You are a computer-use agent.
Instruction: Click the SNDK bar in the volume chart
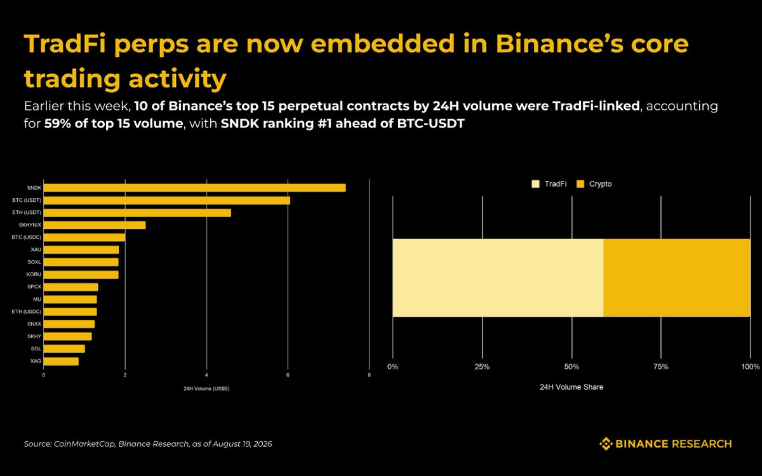click(x=194, y=188)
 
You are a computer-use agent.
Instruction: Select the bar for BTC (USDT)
click(x=166, y=201)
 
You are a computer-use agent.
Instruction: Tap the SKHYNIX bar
click(x=95, y=225)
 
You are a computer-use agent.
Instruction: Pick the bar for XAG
click(x=61, y=361)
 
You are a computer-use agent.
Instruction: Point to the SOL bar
click(x=64, y=349)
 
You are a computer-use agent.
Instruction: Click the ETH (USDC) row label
click(x=27, y=312)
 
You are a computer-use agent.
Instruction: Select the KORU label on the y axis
click(x=34, y=274)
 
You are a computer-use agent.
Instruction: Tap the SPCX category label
click(x=34, y=287)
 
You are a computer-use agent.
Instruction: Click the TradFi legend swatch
click(x=535, y=184)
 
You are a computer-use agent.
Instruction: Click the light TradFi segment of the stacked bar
click(x=498, y=278)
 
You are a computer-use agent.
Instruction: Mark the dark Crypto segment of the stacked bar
click(x=677, y=278)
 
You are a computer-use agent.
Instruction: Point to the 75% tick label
click(x=661, y=367)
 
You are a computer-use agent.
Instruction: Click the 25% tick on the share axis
click(x=482, y=367)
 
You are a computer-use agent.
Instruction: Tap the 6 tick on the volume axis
click(x=288, y=375)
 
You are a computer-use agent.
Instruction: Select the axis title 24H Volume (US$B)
click(x=206, y=388)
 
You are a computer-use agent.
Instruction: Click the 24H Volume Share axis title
click(x=571, y=387)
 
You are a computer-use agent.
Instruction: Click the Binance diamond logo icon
click(x=606, y=444)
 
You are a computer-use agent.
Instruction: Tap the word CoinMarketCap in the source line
click(x=84, y=444)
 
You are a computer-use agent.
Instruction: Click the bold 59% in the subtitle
click(x=58, y=123)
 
